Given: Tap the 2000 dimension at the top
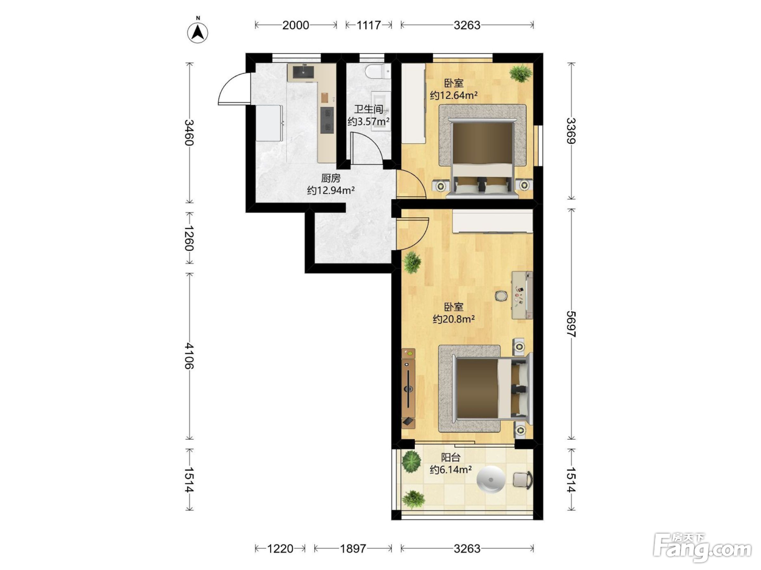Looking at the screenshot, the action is point(295,26).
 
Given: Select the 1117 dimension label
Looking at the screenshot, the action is point(369,26).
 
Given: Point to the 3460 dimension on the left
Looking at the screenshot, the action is point(189,132).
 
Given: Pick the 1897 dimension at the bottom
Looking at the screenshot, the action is point(353,548).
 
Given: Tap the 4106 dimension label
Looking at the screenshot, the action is point(189,356).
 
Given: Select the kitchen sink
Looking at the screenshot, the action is point(61,72).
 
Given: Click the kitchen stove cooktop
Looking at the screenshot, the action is point(84,120).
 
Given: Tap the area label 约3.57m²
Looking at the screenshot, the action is point(369,122).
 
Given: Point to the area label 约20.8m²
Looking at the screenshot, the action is point(453,319).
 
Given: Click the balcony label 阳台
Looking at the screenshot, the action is point(451,458).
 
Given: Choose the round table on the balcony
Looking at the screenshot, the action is point(490,479).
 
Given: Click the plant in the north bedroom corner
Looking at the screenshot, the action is point(520,73).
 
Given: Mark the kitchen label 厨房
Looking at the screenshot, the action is point(330,178).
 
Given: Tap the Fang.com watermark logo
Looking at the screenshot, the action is point(702,548).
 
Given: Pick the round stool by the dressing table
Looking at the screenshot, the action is point(500,296).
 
